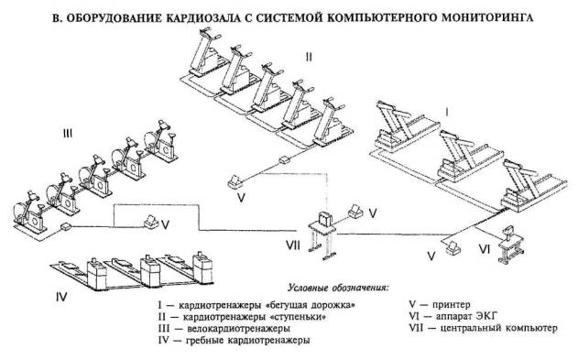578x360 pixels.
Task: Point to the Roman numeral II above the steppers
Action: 309,57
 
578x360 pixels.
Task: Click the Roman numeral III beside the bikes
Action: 68,134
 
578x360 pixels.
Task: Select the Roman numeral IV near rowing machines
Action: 61,296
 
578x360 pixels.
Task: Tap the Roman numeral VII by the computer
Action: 293,245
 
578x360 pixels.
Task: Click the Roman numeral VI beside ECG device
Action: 485,249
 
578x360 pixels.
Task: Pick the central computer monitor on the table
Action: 325,219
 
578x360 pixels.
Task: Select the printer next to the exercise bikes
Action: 151,223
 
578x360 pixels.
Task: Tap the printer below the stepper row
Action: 234,182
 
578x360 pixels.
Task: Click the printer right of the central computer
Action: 355,211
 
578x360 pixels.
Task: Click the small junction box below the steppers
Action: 285,160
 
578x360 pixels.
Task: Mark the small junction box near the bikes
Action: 66,226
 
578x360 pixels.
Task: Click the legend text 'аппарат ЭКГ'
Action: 466,316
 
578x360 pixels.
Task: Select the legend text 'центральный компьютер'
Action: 499,328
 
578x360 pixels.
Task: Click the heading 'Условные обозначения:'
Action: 338,288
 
